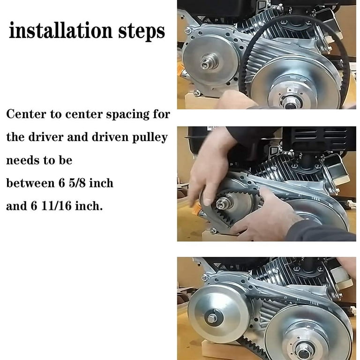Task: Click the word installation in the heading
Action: click(x=61, y=31)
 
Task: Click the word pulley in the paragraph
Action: click(x=150, y=138)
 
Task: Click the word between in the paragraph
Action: click(x=30, y=183)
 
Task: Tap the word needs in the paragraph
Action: click(x=22, y=160)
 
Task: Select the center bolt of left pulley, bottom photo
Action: click(x=212, y=318)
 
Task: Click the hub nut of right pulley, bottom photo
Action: click(x=305, y=350)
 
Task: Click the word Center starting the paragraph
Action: click(x=26, y=114)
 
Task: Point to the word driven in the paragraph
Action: click(x=111, y=137)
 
